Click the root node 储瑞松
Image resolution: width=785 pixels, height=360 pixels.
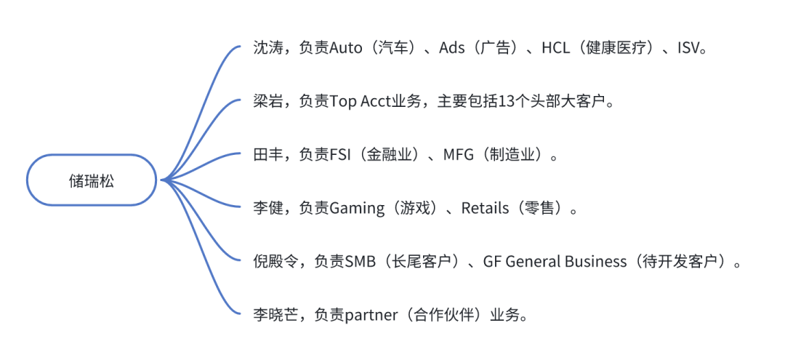[x=92, y=180]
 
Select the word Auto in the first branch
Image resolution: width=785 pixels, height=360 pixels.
[x=346, y=49]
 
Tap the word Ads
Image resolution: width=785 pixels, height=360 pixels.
[x=451, y=49]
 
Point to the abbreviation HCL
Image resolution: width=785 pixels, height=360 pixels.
[x=556, y=49]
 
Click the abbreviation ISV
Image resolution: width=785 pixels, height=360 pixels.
[x=691, y=49]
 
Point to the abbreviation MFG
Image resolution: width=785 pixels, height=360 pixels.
[x=458, y=155]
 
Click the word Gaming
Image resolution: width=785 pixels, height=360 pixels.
[x=357, y=209]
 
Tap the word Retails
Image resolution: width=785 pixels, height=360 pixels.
[x=485, y=209]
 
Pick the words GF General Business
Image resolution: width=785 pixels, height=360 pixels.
[x=555, y=262]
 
